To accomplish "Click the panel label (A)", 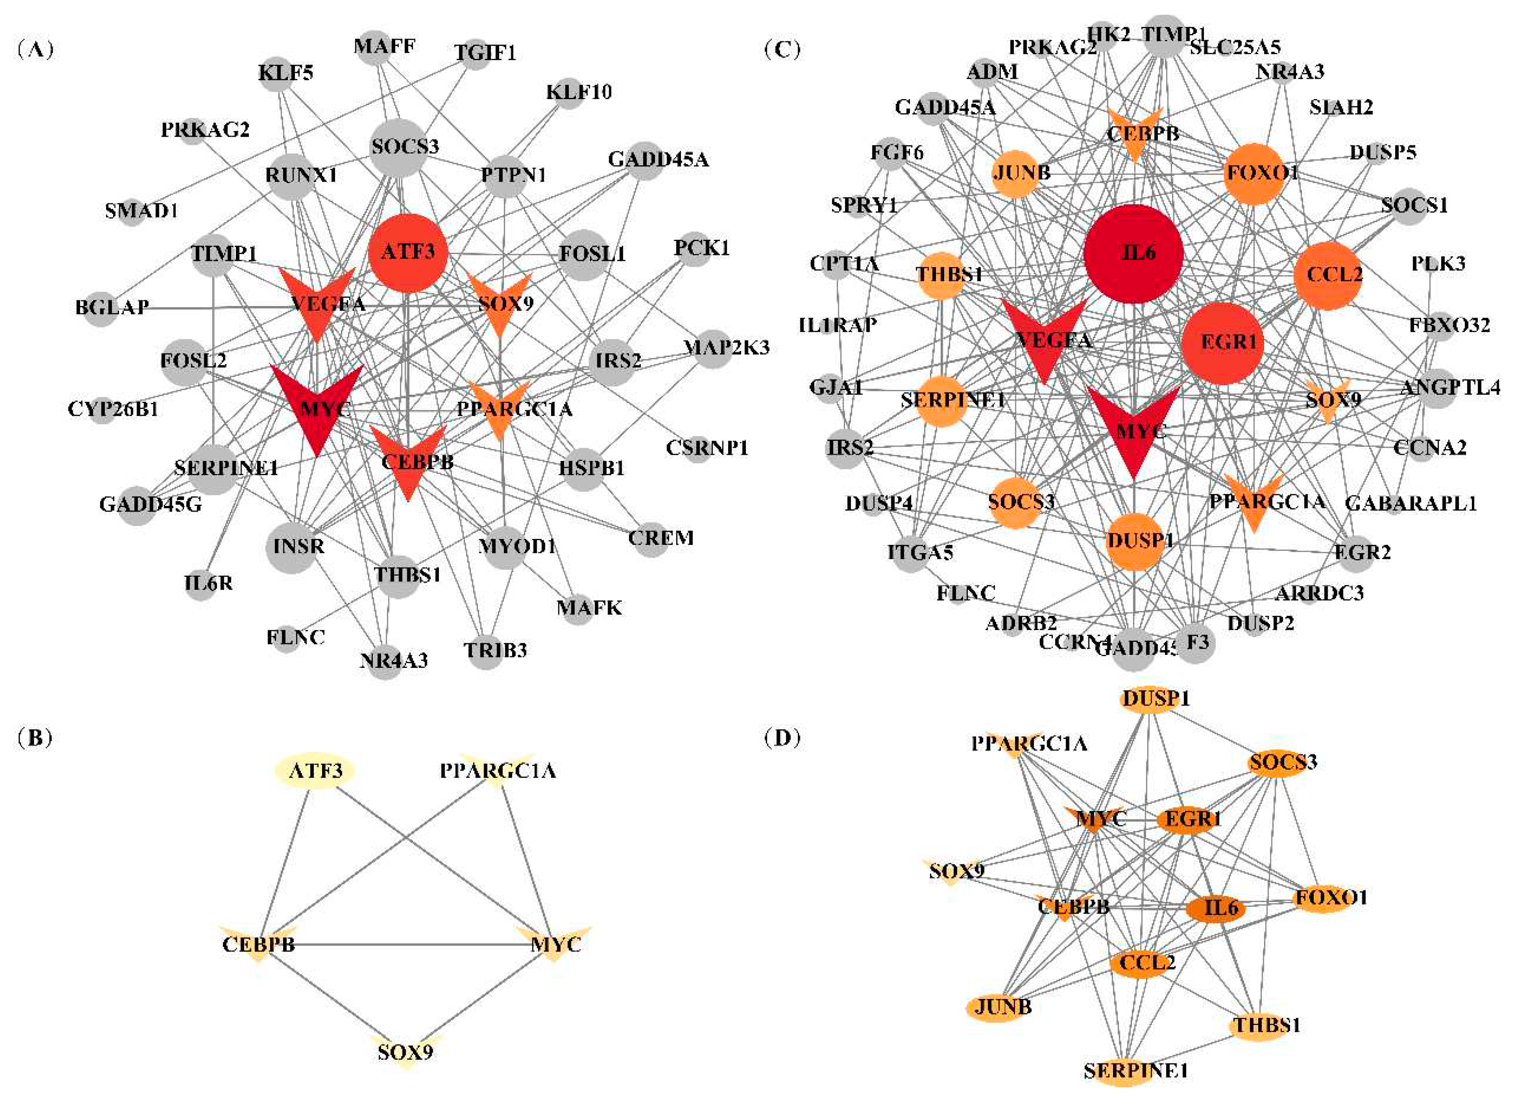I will pos(36,49).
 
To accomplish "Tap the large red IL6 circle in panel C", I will pos(1133,254).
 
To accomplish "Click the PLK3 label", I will pos(1438,264).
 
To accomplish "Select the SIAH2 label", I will pos(1341,107).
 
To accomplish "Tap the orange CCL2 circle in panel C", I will pos(1328,275).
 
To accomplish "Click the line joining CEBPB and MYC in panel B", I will pos(408,944).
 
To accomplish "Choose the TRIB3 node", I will pos(487,650).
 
